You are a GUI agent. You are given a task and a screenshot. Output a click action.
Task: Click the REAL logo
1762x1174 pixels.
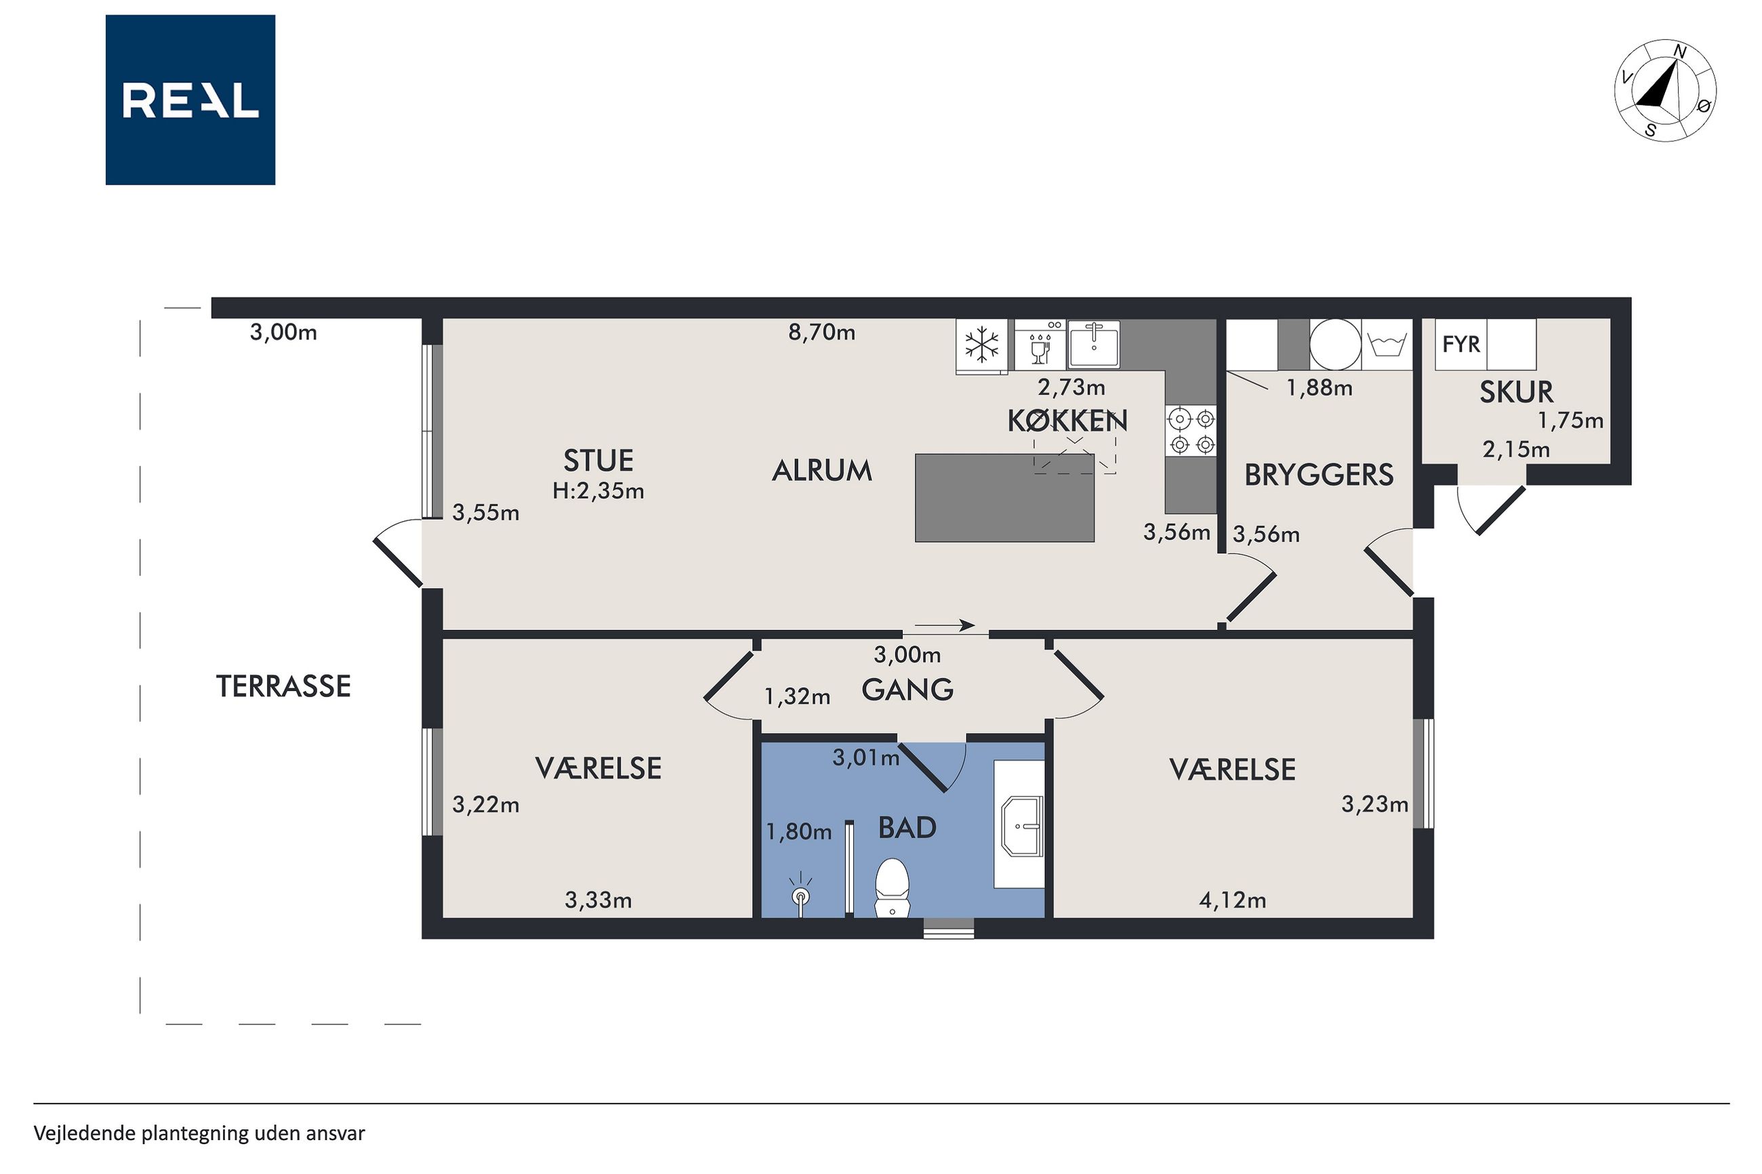coord(190,100)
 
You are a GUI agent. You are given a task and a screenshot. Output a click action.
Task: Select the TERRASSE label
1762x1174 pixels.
coord(283,686)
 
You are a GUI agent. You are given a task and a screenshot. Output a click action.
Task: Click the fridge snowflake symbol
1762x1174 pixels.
coord(982,345)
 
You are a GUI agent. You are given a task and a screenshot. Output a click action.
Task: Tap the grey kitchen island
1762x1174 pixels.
coord(1005,498)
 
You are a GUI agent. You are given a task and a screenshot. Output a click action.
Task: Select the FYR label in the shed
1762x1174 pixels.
coord(1461,344)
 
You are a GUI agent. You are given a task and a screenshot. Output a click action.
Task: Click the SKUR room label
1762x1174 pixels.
coord(1515,392)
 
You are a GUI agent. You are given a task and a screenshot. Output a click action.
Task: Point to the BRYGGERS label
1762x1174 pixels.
coord(1319,475)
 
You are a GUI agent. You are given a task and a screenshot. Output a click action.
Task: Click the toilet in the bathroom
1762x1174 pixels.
coord(892,887)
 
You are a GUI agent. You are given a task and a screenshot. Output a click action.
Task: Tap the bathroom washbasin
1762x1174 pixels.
coord(1022,825)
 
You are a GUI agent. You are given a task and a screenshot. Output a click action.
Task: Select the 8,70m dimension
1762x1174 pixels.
coord(821,333)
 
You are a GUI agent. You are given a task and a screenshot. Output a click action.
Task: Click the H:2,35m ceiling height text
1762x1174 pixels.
coord(598,491)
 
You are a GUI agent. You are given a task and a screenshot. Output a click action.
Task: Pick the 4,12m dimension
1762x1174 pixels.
coord(1233,900)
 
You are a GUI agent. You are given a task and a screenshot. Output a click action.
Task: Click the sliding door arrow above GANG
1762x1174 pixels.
coord(944,625)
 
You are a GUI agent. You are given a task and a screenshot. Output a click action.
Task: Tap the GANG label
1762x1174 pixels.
coord(907,690)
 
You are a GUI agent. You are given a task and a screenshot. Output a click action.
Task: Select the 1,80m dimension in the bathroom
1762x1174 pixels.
coord(798,832)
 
